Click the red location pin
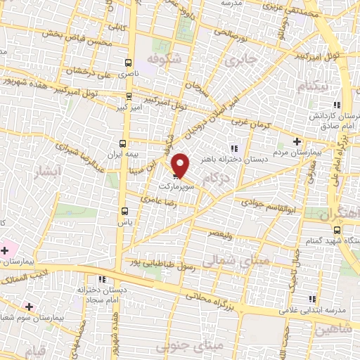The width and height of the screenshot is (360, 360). coord(181,165)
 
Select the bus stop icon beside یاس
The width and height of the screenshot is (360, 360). coord(124,210)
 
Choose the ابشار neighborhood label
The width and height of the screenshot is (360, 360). coord(48,170)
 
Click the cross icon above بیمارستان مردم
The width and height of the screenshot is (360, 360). coord(296,141)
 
